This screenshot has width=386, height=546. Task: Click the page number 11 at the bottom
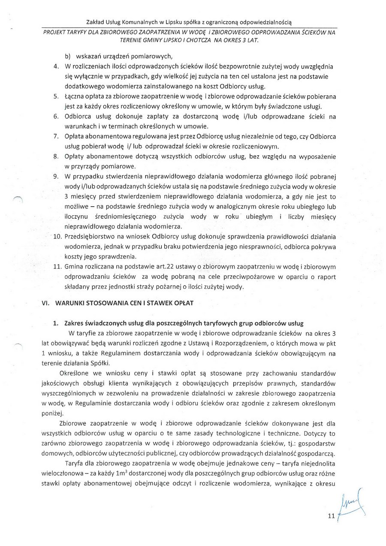330,517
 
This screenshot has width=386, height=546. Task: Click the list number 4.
56,66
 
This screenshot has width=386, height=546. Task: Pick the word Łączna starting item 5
75,97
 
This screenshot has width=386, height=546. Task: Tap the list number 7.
56,136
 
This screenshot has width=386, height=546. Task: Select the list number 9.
56,176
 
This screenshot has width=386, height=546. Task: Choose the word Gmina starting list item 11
73,267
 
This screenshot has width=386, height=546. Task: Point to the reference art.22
151,267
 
